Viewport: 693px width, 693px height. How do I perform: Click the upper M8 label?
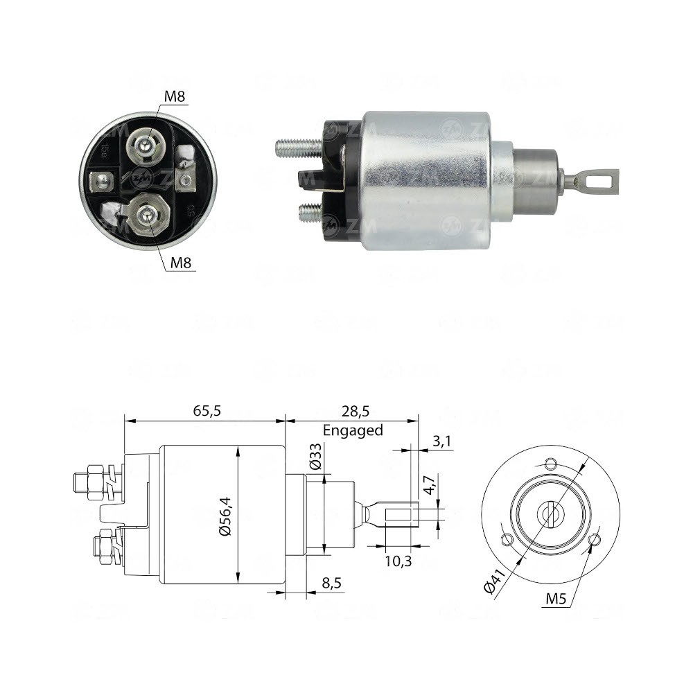175,97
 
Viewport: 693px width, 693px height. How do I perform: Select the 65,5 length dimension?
206,411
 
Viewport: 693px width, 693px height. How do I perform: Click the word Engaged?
352,430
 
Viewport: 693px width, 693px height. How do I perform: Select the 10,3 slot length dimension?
398,560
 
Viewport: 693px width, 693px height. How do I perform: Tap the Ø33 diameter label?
315,457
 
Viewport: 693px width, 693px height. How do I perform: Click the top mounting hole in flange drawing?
551,464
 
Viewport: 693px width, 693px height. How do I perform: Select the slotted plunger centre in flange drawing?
552,514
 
